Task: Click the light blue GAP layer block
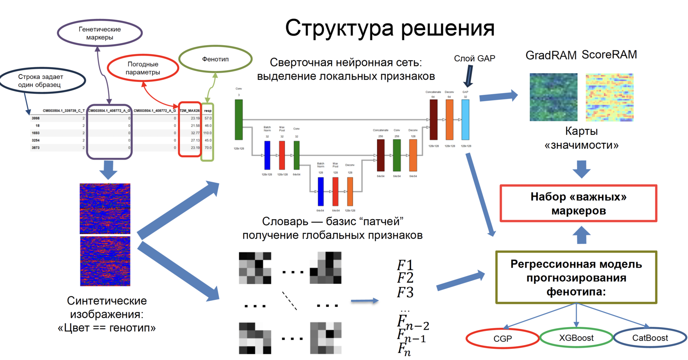pos(465,120)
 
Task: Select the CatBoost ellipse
pos(650,338)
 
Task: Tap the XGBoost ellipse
pos(576,338)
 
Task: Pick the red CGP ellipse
pos(502,339)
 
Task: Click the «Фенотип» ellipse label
pos(215,59)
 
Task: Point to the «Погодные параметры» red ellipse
pos(143,68)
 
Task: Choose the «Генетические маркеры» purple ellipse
pos(100,33)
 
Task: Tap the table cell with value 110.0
pos(207,133)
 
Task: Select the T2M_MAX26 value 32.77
pos(195,133)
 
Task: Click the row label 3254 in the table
pos(36,140)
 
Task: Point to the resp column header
pos(208,111)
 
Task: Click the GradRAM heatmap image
pos(553,97)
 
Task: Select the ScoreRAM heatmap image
pos(609,97)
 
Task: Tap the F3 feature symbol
pos(405,292)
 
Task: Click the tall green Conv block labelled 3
pos(239,120)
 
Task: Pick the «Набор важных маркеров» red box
pos(578,204)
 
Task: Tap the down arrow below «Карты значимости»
pos(582,168)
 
